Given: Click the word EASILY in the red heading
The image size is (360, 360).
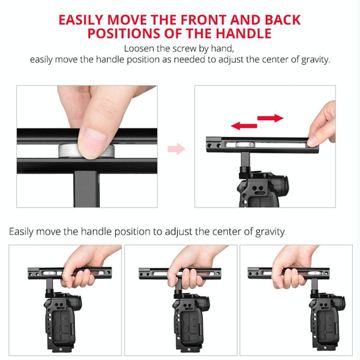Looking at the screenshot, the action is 81,20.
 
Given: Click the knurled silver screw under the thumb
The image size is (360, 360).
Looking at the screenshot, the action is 86,151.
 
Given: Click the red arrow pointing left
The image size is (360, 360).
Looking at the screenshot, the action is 244,125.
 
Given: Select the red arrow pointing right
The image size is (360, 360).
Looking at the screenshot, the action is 271,118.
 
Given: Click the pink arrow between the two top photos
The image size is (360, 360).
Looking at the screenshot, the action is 176,149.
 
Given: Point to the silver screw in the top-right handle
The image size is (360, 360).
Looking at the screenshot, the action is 245,145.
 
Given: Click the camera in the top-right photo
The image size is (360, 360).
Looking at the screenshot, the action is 262,188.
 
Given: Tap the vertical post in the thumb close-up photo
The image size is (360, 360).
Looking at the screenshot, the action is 87,189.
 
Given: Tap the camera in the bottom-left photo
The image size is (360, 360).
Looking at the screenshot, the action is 62,322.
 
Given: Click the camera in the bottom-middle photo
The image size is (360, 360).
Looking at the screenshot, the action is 191,322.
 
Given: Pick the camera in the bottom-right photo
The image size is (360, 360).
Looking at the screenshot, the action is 328,322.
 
